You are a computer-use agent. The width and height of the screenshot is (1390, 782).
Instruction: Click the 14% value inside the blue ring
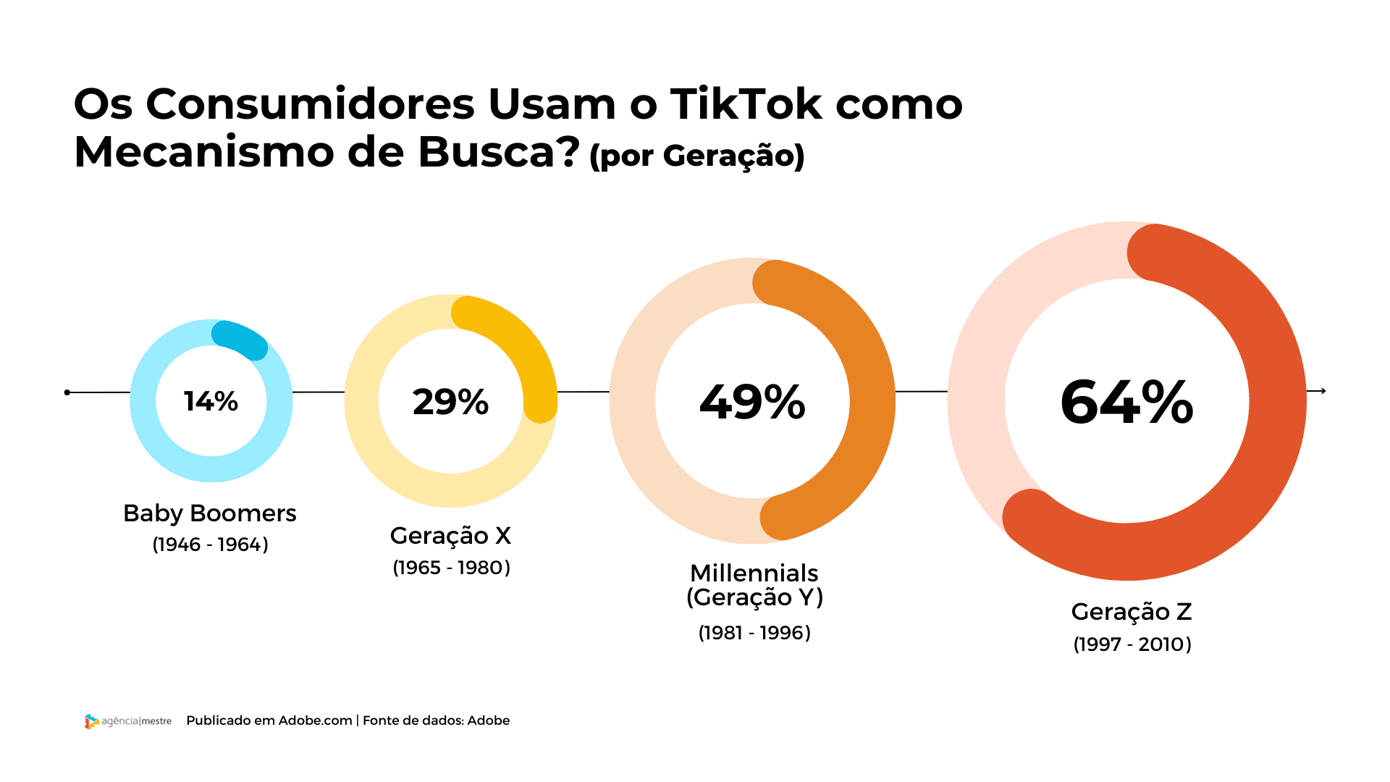[x=211, y=401]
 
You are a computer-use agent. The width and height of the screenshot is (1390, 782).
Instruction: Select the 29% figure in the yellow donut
[x=450, y=402]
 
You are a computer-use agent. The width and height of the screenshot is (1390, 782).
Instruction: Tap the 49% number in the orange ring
[x=752, y=402]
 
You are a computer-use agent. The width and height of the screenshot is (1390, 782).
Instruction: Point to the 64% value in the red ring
[x=1126, y=402]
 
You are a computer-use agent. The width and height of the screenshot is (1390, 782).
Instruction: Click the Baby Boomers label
[x=209, y=513]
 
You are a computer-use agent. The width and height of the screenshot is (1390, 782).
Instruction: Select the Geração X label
[x=450, y=536]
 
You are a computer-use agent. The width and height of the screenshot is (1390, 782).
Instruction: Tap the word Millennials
[x=754, y=573]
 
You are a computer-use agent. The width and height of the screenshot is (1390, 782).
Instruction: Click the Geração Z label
[x=1131, y=612]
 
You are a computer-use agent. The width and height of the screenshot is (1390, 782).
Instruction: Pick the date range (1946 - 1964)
[x=210, y=545]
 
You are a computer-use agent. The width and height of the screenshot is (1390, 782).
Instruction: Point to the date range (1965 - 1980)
[x=451, y=568]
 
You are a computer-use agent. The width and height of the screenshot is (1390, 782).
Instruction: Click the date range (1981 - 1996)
[x=754, y=633]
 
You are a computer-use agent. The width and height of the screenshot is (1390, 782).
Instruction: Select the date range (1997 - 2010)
[x=1132, y=644]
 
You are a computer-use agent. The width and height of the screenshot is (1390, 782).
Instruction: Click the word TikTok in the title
[x=746, y=104]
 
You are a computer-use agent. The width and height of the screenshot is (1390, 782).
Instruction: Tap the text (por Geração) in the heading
[x=696, y=156]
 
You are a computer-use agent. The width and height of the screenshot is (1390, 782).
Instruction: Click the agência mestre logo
[x=127, y=721]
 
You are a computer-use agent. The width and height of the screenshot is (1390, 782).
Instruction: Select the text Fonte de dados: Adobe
[x=436, y=720]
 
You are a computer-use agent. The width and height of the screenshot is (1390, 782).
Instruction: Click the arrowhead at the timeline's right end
[x=1323, y=391]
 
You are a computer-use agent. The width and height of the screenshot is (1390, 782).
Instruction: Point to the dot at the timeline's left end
[x=67, y=392]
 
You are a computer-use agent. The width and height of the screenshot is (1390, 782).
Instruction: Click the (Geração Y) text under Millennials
[x=754, y=598]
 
